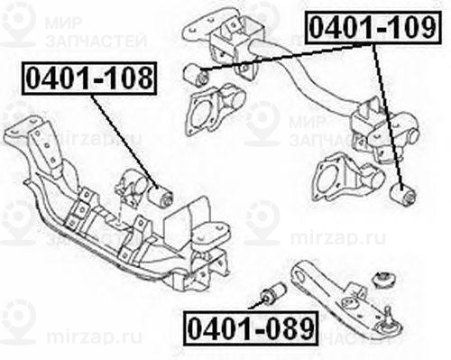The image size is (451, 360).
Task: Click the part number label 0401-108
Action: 89,80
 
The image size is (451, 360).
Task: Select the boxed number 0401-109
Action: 373,29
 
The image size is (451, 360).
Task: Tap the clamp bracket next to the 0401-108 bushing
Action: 135,185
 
